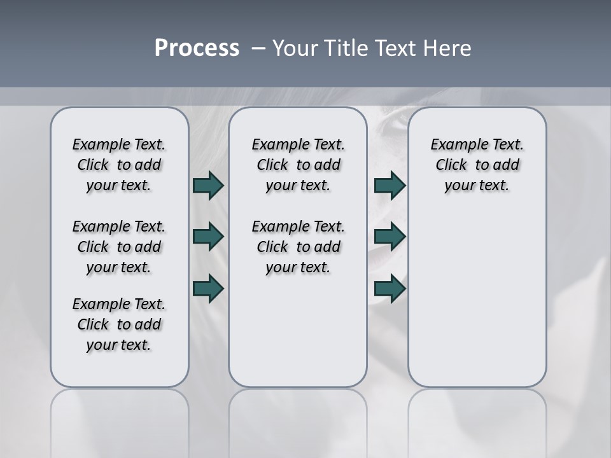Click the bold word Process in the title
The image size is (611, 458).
[x=197, y=48]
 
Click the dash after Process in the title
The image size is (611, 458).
[x=258, y=49]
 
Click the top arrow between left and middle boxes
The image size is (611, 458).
[x=208, y=185]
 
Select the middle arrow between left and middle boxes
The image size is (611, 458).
[x=208, y=237]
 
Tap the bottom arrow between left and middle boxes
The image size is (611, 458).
[x=208, y=288]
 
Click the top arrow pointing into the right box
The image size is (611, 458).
[x=390, y=185]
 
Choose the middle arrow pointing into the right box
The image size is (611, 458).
[x=390, y=237]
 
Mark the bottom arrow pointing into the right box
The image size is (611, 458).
[x=390, y=288]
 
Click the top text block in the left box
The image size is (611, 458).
[x=119, y=165]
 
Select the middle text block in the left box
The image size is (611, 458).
[x=119, y=247]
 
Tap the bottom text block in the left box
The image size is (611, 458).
[x=119, y=324]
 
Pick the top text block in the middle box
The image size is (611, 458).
[x=298, y=165]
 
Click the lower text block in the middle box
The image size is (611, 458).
[x=298, y=247]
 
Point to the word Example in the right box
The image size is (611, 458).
[x=454, y=144]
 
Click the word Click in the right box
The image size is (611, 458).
[x=451, y=165]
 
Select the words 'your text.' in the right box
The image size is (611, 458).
[x=477, y=185]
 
